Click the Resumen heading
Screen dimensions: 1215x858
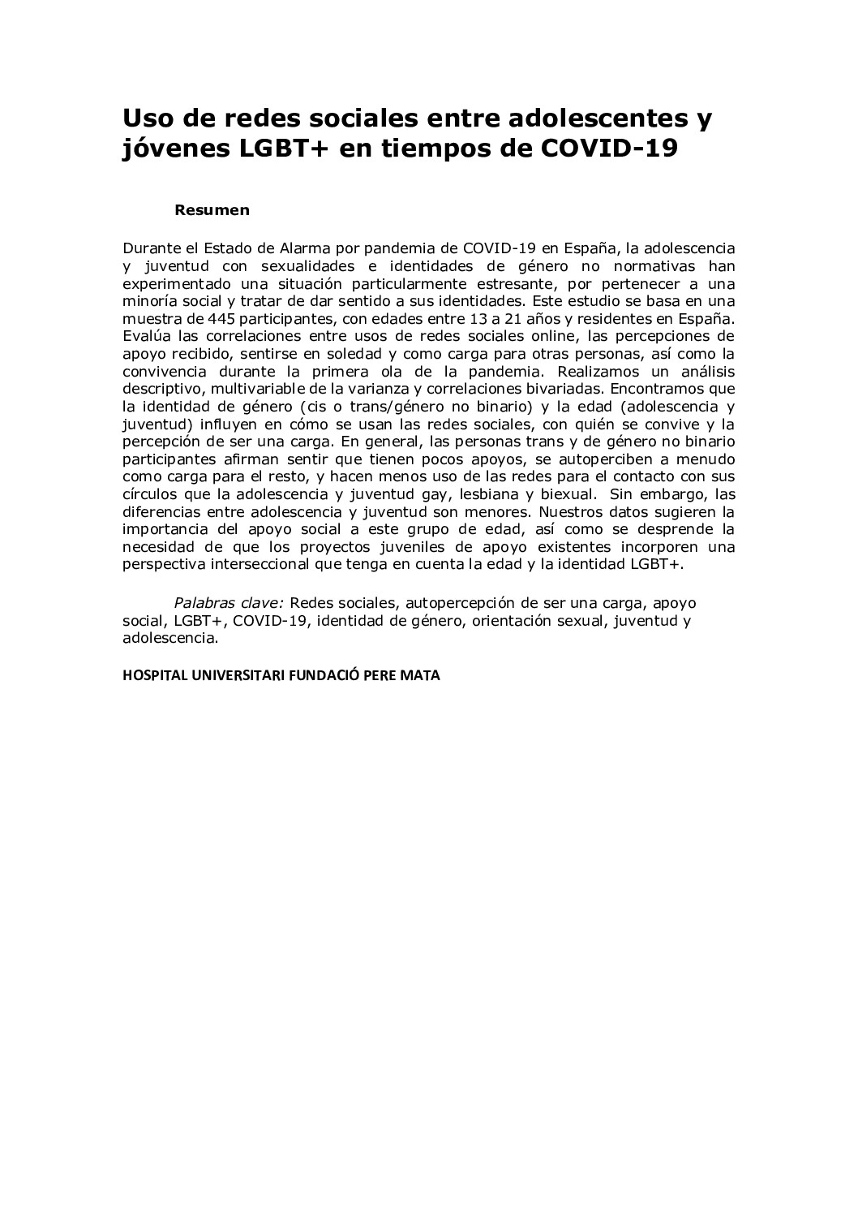pyautogui.click(x=212, y=210)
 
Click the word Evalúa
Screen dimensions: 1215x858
pyautogui.click(x=144, y=336)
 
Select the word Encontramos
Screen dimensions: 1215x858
pyautogui.click(x=657, y=389)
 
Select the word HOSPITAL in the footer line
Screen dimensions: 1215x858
pyautogui.click(x=152, y=675)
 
